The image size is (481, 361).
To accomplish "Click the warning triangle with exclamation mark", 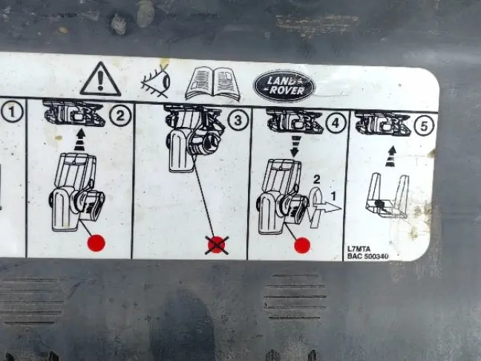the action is click(x=100, y=79).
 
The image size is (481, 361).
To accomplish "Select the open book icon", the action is click(x=213, y=83).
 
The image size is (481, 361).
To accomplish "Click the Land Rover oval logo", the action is click(x=284, y=86).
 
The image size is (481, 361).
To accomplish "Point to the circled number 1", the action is click(x=12, y=111).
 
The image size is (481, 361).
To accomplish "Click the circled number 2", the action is click(x=120, y=116).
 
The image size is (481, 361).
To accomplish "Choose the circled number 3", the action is click(x=238, y=120).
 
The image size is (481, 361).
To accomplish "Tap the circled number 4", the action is click(x=336, y=123).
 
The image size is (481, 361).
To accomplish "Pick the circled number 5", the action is click(x=424, y=126).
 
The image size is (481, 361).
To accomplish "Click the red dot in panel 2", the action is click(x=96, y=243).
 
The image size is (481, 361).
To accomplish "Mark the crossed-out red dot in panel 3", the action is click(x=217, y=245).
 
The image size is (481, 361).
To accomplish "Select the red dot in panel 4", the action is click(x=302, y=245).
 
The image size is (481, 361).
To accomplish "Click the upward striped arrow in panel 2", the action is click(x=80, y=140).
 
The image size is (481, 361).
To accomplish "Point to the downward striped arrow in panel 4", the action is click(x=295, y=146).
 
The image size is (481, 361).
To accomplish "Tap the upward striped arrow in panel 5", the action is click(x=390, y=157).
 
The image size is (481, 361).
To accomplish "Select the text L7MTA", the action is click(x=359, y=249).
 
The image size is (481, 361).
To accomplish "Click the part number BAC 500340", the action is click(x=368, y=256).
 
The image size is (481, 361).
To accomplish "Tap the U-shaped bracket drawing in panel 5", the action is click(x=387, y=196).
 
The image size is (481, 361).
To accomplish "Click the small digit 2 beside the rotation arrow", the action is click(x=316, y=179).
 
